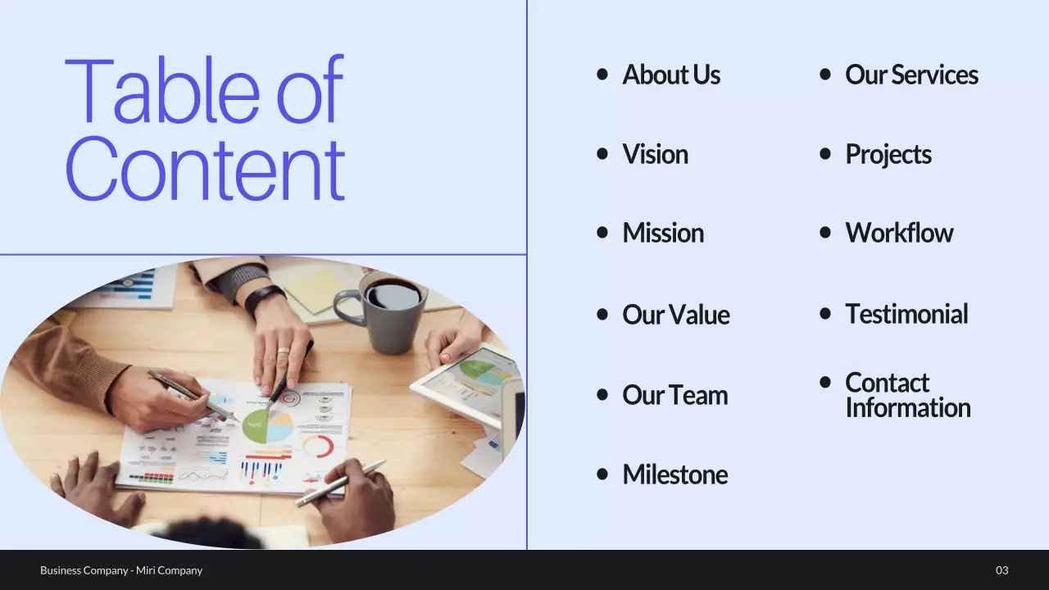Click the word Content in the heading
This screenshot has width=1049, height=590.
[204, 170]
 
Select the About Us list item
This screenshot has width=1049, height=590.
[671, 75]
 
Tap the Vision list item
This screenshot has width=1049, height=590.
[655, 154]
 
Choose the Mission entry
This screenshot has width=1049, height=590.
[663, 233]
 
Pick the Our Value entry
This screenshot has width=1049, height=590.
[675, 314]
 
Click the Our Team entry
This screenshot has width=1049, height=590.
[674, 395]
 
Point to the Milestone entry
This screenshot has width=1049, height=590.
[674, 474]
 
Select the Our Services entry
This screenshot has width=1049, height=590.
[911, 75]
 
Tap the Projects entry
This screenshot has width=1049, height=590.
[888, 154]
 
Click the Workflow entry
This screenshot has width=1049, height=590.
[899, 233]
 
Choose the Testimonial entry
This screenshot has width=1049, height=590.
[906, 314]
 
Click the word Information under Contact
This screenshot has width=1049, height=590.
[907, 408]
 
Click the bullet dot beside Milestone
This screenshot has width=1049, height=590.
[603, 474]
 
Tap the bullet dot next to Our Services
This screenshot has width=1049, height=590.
[825, 75]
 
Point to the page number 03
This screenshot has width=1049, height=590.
[1001, 570]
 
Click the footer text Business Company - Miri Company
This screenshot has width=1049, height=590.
[121, 570]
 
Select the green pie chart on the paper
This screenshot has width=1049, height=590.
[257, 426]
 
